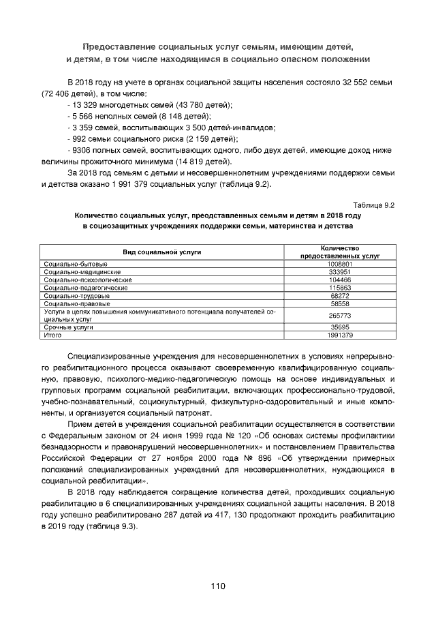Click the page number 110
[218, 586]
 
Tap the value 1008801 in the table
[339, 263]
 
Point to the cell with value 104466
[339, 280]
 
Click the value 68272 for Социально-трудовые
[339, 296]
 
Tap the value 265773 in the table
[339, 315]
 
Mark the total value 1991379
[339, 335]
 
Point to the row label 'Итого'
[52, 335]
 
